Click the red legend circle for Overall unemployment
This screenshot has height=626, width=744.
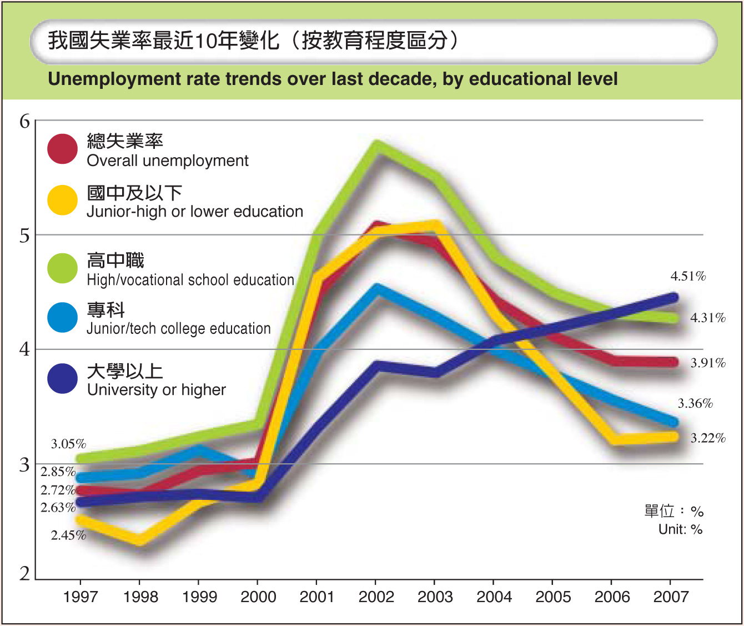coord(62,149)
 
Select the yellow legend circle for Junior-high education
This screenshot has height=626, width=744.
coord(62,200)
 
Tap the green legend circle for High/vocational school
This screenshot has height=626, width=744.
coord(62,268)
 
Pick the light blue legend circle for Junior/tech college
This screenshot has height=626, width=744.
coord(62,318)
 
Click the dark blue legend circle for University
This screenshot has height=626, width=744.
coord(62,379)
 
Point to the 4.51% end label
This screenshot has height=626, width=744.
coord(688,276)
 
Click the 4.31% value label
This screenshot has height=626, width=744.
coord(708,318)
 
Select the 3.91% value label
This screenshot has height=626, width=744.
coord(708,363)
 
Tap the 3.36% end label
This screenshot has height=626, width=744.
coord(695,403)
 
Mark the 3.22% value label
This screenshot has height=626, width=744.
coord(708,438)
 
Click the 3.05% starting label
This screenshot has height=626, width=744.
coord(69,444)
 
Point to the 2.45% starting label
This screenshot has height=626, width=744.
coord(69,535)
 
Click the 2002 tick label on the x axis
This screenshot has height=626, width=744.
coord(376,597)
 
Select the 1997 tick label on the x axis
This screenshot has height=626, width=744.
coord(81,597)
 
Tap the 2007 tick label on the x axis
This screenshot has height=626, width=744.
coord(671,597)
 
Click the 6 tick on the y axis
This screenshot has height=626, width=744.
coord(24,121)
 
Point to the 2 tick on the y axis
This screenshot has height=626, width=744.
coord(24,574)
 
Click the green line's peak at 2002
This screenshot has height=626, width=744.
coord(377,146)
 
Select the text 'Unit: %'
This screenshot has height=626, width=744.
coord(680,529)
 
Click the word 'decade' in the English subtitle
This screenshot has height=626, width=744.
coord(404,79)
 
